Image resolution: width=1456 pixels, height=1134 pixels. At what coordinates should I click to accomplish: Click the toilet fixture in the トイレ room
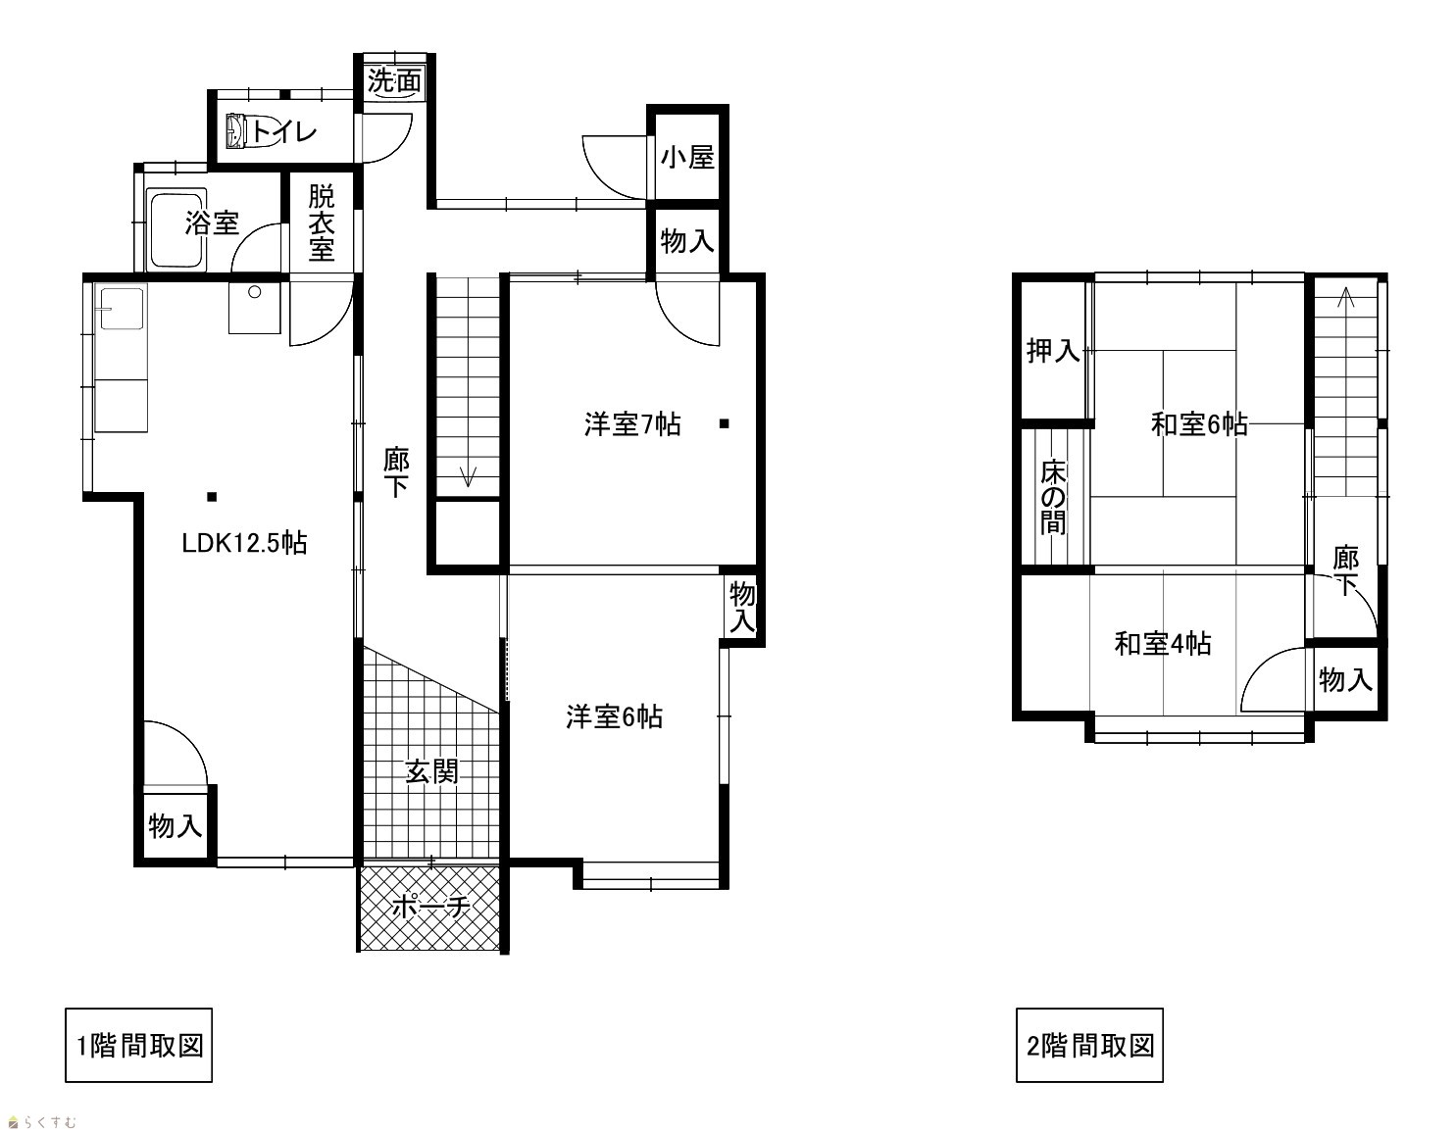click(237, 130)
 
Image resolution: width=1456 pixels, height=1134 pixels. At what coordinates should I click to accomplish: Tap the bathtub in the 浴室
click(176, 230)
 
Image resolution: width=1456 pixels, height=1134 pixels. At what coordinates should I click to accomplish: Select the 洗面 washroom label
click(394, 81)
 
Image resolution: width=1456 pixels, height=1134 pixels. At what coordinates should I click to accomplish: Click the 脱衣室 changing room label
click(322, 223)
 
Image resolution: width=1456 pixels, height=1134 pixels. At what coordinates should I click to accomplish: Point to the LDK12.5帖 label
click(244, 543)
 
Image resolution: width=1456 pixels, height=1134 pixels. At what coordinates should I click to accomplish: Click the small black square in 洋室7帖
click(725, 423)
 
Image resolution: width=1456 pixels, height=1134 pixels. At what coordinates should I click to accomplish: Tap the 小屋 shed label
click(687, 158)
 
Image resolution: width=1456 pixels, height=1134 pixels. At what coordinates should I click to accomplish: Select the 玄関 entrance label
click(431, 771)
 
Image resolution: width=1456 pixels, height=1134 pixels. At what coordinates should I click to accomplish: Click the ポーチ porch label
click(431, 907)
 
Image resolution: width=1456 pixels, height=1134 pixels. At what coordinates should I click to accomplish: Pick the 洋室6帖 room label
click(615, 716)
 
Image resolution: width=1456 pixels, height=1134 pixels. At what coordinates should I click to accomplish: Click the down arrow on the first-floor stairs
click(468, 475)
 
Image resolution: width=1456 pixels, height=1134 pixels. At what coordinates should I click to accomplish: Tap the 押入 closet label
click(1053, 350)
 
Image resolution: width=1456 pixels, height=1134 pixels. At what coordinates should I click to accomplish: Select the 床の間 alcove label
click(1053, 497)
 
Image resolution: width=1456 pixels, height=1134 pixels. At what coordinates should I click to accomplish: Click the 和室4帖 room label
click(1163, 643)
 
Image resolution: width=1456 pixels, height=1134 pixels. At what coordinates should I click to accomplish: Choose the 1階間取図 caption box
click(138, 1045)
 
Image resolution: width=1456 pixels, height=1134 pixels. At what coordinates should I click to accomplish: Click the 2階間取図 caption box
click(1089, 1045)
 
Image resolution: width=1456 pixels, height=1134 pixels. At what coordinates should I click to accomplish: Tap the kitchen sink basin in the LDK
click(122, 309)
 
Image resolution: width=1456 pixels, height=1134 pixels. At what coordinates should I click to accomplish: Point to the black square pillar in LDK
click(212, 497)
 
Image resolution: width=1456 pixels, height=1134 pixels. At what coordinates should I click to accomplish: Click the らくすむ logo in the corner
click(41, 1121)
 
